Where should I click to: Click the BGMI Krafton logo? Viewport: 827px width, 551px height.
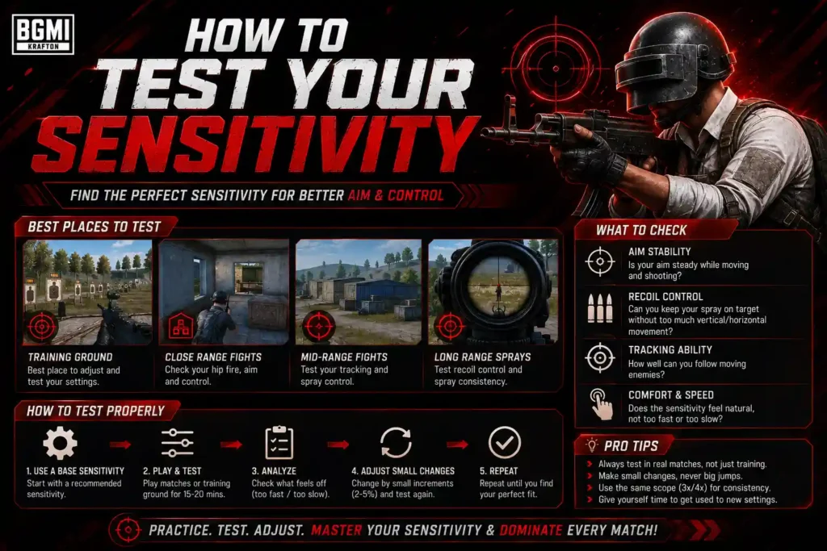coord(43,34)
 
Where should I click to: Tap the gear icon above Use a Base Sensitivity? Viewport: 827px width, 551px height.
coord(60,443)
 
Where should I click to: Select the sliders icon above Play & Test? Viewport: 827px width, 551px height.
coord(177,443)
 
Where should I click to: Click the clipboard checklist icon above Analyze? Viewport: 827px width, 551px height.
coord(279,442)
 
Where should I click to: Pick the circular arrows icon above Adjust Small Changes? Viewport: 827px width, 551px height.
coord(396,442)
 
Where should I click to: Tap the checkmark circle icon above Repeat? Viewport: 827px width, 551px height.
coord(505,442)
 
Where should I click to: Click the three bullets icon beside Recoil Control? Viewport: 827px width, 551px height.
coord(600,308)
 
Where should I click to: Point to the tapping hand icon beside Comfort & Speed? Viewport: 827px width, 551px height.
coord(601,404)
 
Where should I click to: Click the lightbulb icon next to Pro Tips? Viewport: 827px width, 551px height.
coord(592,445)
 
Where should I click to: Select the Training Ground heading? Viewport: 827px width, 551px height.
coord(70,357)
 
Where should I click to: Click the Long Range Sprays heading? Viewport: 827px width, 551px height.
coord(483,357)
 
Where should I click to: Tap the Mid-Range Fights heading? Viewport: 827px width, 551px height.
coord(344,357)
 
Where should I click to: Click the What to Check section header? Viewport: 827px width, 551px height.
coord(641,230)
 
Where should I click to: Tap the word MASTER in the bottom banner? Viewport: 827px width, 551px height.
coord(336,530)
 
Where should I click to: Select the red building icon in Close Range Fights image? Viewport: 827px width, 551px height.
coord(181,327)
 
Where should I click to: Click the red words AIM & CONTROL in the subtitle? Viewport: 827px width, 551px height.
coord(396,195)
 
